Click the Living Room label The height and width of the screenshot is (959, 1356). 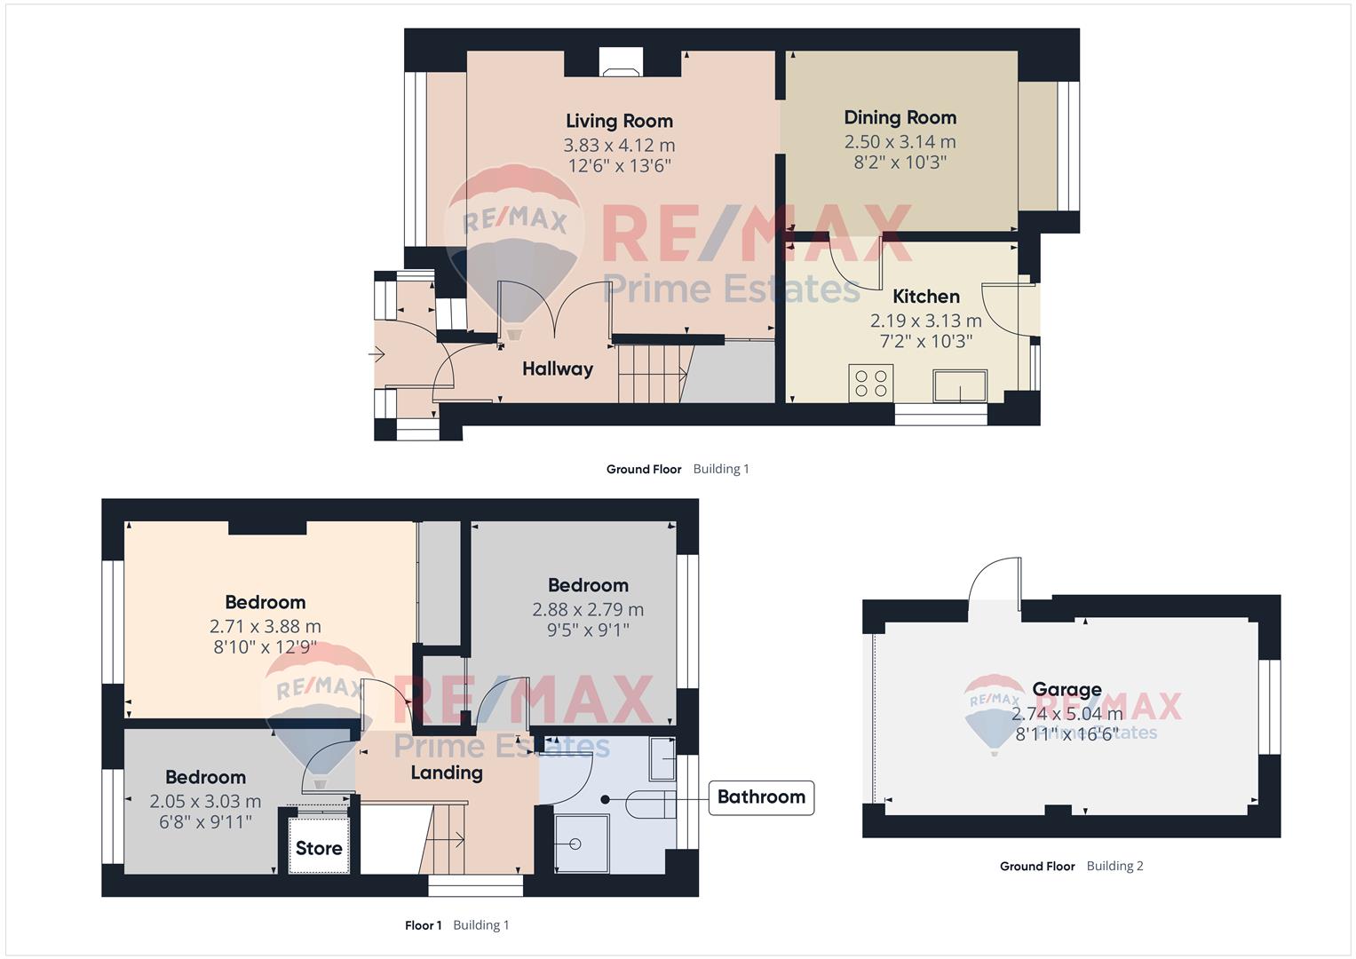click(619, 121)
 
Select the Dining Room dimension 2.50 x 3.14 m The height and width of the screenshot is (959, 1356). click(900, 142)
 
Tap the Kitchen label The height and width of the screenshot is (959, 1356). click(926, 296)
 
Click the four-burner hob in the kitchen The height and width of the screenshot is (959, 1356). click(871, 384)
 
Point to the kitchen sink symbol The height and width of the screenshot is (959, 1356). click(960, 386)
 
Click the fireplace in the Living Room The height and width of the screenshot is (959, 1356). click(621, 62)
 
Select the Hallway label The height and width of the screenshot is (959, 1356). click(558, 369)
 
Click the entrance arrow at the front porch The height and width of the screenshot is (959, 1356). click(377, 353)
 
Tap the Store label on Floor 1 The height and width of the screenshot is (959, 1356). click(319, 848)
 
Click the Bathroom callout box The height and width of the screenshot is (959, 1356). click(761, 797)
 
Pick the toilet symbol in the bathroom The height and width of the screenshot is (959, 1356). click(651, 804)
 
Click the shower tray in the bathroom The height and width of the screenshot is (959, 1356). click(582, 844)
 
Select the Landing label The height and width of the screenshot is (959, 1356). click(447, 773)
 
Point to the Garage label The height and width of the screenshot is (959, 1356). click(1067, 689)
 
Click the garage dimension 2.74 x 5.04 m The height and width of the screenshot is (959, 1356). click(1067, 714)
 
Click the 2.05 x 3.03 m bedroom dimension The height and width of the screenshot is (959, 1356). click(205, 802)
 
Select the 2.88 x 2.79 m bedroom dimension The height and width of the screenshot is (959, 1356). click(588, 610)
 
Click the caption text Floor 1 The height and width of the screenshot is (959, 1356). click(424, 925)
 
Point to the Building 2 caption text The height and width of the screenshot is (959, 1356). click(1115, 866)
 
